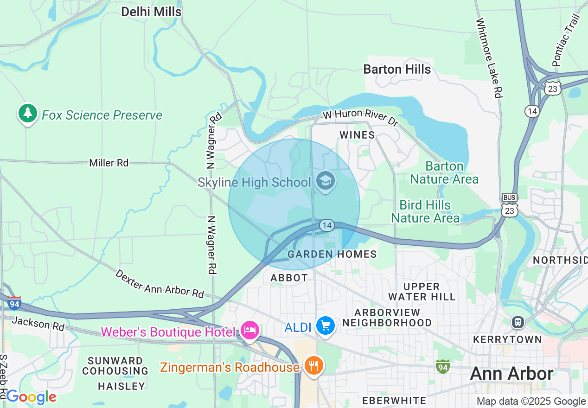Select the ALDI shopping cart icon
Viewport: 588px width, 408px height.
326,326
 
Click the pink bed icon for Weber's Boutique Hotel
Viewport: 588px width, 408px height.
250,331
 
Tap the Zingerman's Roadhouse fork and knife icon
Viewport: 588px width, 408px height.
314,366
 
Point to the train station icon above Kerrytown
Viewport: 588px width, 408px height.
518,322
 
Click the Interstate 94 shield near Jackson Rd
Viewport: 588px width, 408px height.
14,303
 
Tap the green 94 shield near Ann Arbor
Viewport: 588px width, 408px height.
442,367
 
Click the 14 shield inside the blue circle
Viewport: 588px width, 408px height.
326,225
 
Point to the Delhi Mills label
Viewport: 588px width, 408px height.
151,12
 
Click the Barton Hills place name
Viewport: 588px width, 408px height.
397,70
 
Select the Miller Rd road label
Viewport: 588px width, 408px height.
109,163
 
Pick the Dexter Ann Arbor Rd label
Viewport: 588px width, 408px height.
160,284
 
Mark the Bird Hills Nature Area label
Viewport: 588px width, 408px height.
425,211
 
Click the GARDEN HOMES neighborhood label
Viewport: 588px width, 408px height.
332,254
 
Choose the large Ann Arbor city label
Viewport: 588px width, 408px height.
511,374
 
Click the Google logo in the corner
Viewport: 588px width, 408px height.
31,397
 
